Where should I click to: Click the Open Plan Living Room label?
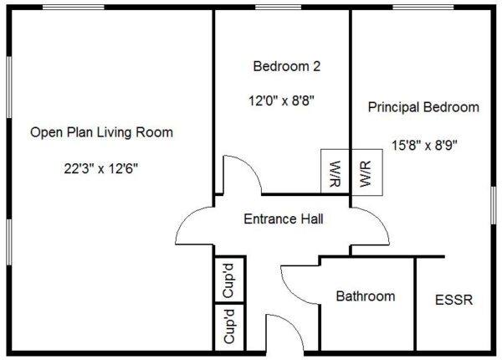pyautogui.click(x=101, y=132)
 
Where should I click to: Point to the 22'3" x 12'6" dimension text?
pyautogui.click(x=101, y=168)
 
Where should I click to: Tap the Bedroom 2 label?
pyautogui.click(x=287, y=66)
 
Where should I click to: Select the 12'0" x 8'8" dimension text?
pyautogui.click(x=281, y=101)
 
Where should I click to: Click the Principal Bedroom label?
pyautogui.click(x=423, y=107)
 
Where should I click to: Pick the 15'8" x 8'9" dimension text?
pyautogui.click(x=424, y=146)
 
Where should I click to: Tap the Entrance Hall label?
pyautogui.click(x=284, y=219)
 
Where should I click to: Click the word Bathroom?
pyautogui.click(x=366, y=296)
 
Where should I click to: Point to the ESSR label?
pyautogui.click(x=454, y=300)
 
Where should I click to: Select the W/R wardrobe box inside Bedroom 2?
pyautogui.click(x=336, y=172)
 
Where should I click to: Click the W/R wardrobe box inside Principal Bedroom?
pyautogui.click(x=367, y=172)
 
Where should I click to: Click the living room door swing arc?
pyautogui.click(x=187, y=217)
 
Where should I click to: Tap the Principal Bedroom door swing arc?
pyautogui.click(x=379, y=218)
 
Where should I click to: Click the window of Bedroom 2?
pyautogui.click(x=279, y=7)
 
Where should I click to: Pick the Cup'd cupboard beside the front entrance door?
pyautogui.click(x=229, y=327)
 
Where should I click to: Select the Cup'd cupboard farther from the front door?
pyautogui.click(x=229, y=280)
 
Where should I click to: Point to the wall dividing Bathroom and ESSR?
pyautogui.click(x=415, y=304)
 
